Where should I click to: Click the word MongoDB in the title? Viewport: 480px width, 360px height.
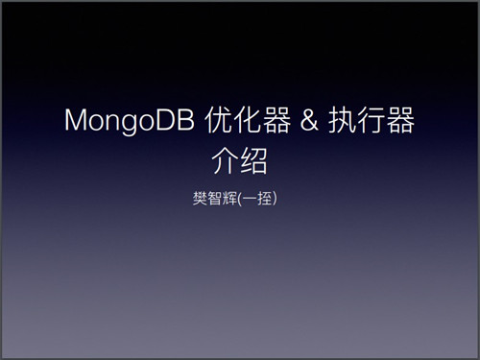point(130,121)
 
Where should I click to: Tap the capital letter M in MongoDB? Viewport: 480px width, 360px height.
point(76,119)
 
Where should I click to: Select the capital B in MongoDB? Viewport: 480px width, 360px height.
point(187,119)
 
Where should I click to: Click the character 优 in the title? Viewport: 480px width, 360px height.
point(219,119)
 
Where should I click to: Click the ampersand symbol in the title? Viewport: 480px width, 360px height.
point(309,119)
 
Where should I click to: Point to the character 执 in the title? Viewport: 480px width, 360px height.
point(343,119)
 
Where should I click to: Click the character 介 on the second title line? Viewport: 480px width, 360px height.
point(226,160)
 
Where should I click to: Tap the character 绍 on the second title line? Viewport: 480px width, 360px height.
point(253,160)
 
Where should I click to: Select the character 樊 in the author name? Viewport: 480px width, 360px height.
point(200,199)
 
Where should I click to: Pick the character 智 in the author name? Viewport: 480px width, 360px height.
point(215,199)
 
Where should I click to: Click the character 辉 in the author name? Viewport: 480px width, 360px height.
point(229,199)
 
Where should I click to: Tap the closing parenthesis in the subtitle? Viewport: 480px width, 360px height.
point(275,199)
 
